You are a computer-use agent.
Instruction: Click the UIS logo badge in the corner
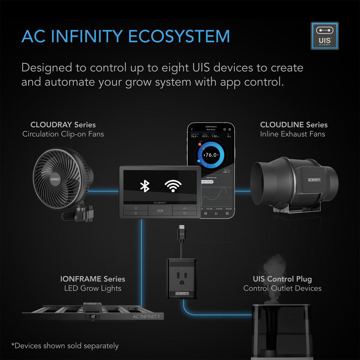pyautogui.click(x=324, y=36)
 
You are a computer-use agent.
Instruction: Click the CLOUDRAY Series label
pyautogui.click(x=63, y=125)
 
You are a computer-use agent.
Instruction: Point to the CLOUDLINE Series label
pyautogui.click(x=294, y=125)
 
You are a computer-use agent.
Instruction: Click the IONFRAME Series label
pyautogui.click(x=92, y=279)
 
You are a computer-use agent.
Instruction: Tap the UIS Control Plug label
pyautogui.click(x=282, y=279)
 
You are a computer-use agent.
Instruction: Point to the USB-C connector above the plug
pyautogui.click(x=181, y=234)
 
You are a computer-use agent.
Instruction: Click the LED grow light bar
pyautogui.click(x=92, y=313)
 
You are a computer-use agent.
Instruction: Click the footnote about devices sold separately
pyautogui.click(x=65, y=346)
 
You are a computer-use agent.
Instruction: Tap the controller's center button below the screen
pyautogui.click(x=160, y=211)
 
